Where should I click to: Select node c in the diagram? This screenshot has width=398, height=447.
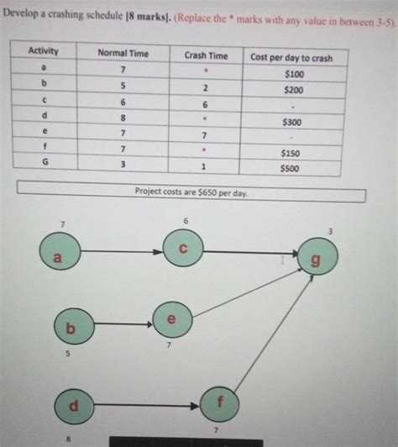(x=183, y=250)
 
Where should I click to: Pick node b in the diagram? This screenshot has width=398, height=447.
(x=72, y=329)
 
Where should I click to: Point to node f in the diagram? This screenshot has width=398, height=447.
(x=221, y=402)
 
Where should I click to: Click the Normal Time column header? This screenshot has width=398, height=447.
(x=123, y=53)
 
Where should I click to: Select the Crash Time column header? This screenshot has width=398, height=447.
(x=206, y=55)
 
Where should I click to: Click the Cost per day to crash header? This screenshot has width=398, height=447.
(x=291, y=57)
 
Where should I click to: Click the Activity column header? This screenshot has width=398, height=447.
(x=43, y=51)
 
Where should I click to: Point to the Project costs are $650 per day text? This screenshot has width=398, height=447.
(x=191, y=192)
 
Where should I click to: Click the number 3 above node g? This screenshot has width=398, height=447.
(x=330, y=230)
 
